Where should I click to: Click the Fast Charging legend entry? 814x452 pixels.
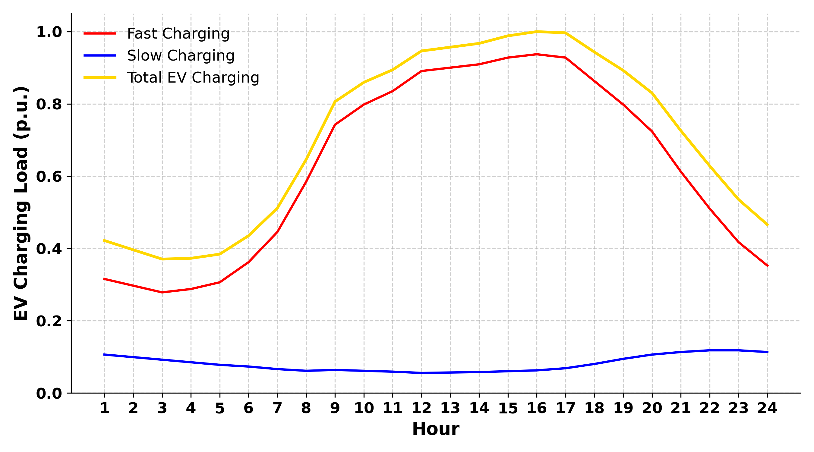coord(178,33)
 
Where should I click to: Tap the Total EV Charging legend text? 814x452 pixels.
coord(193,77)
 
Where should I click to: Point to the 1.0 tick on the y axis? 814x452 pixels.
coord(49,32)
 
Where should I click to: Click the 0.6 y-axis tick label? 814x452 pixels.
coord(49,177)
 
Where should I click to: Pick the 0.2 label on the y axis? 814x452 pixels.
coord(49,321)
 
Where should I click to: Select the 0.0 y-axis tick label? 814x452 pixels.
coord(49,394)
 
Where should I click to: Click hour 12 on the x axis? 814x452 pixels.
coord(421,408)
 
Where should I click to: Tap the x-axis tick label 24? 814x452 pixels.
coord(767,408)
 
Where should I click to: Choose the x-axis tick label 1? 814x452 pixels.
coord(104,408)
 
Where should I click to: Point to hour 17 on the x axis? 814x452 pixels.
coord(565,408)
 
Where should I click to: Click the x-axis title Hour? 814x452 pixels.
coord(435,429)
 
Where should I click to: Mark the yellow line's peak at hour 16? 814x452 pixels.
coord(537,32)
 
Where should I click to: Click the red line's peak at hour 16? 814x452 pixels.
coord(537,54)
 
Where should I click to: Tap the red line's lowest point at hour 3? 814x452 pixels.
coord(162,293)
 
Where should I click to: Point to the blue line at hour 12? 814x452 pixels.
coord(421,373)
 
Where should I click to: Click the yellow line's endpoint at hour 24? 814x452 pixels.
coord(767,225)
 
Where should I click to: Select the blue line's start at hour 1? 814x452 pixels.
coord(104,354)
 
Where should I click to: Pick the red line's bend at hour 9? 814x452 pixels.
coord(335,125)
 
